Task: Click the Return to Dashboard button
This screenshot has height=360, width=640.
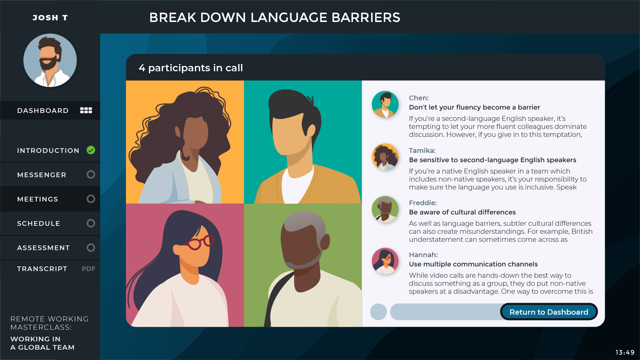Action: pyautogui.click(x=549, y=312)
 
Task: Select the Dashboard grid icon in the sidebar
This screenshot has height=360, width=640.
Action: pyautogui.click(x=86, y=110)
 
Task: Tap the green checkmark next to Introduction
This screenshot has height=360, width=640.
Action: pyautogui.click(x=91, y=150)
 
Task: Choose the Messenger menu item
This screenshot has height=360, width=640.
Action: pyautogui.click(x=42, y=175)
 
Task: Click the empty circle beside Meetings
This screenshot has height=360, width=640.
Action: pyautogui.click(x=91, y=199)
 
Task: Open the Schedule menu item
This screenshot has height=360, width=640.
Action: pyautogui.click(x=39, y=223)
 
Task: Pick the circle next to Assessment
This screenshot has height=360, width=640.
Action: pyautogui.click(x=91, y=247)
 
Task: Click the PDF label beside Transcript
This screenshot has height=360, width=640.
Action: pyautogui.click(x=89, y=269)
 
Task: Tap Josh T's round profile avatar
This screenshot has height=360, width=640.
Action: pyautogui.click(x=50, y=60)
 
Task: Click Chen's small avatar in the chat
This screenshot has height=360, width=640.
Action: pyautogui.click(x=385, y=105)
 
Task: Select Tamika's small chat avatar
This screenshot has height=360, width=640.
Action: pyautogui.click(x=385, y=157)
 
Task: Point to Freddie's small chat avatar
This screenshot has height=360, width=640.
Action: pyautogui.click(x=385, y=209)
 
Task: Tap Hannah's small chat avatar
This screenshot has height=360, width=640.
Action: pyautogui.click(x=385, y=261)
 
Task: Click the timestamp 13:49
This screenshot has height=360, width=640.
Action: pyautogui.click(x=625, y=352)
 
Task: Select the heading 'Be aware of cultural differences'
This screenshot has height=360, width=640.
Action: pyautogui.click(x=462, y=212)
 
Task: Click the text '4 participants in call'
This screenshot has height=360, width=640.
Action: pyautogui.click(x=191, y=68)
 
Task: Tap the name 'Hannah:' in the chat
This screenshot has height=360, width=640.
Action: pyautogui.click(x=423, y=255)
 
